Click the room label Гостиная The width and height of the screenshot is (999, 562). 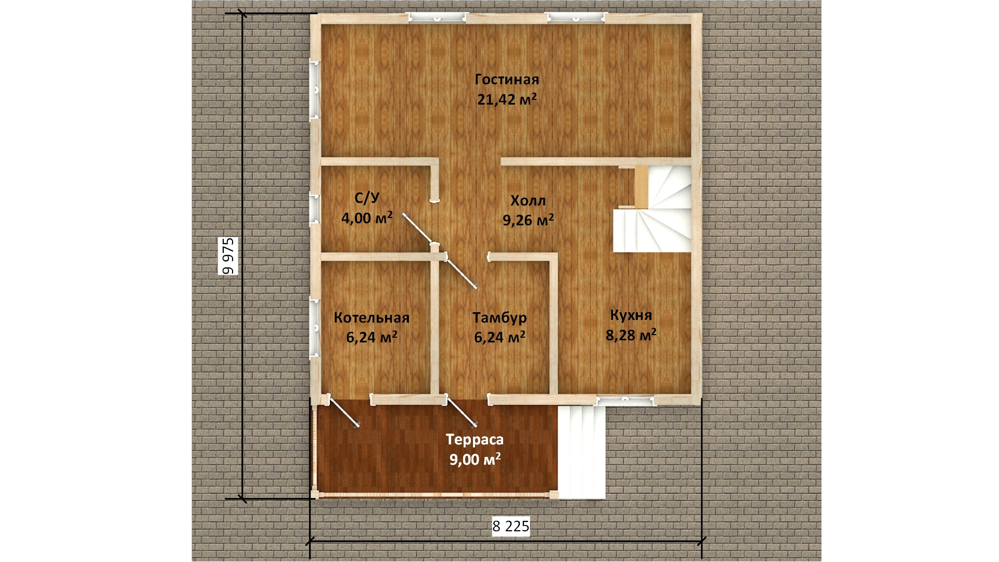[x=507, y=80]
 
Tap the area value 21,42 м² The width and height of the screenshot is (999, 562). [x=507, y=99]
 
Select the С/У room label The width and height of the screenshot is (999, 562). [x=367, y=198]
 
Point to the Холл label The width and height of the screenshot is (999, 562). [x=528, y=200]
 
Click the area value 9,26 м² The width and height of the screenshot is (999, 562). [x=528, y=220]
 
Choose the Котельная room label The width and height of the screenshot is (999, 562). [x=372, y=317]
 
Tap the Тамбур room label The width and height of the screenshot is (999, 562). [x=499, y=317]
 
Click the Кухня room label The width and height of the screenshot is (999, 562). [x=631, y=315]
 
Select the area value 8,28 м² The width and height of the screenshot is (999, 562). [x=631, y=335]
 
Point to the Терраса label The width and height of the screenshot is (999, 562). [x=475, y=440]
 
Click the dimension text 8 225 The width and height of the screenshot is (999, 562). [x=511, y=526]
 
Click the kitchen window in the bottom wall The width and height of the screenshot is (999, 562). [x=625, y=400]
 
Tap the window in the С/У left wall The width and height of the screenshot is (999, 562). [x=315, y=209]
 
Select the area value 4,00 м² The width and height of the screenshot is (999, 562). [x=367, y=218]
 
